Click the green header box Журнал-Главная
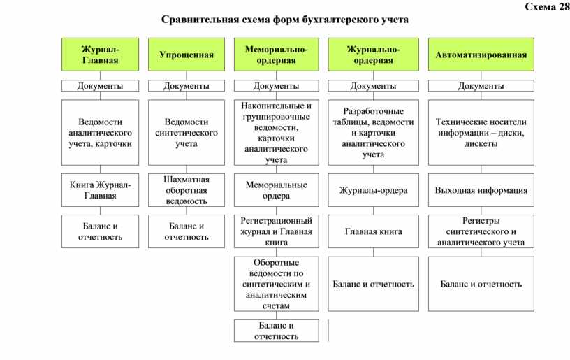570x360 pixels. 100,55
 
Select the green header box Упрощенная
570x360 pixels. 186,55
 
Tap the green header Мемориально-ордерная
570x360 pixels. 277,55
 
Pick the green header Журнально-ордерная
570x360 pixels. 373,55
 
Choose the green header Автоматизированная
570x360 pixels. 481,55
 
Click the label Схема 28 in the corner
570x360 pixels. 547,6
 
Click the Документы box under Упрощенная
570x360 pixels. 186,86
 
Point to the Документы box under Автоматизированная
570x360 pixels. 481,86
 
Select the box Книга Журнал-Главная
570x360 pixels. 100,190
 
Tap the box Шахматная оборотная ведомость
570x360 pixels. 186,190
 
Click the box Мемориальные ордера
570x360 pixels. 277,190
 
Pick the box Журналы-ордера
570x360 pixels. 373,190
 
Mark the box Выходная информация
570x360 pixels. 481,190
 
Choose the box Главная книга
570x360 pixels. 373,231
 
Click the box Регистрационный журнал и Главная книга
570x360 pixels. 277,231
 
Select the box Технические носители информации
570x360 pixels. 481,132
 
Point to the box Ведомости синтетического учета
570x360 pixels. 186,132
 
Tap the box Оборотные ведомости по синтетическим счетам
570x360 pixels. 277,284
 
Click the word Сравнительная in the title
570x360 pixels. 200,20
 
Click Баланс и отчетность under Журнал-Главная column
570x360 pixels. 100,231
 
